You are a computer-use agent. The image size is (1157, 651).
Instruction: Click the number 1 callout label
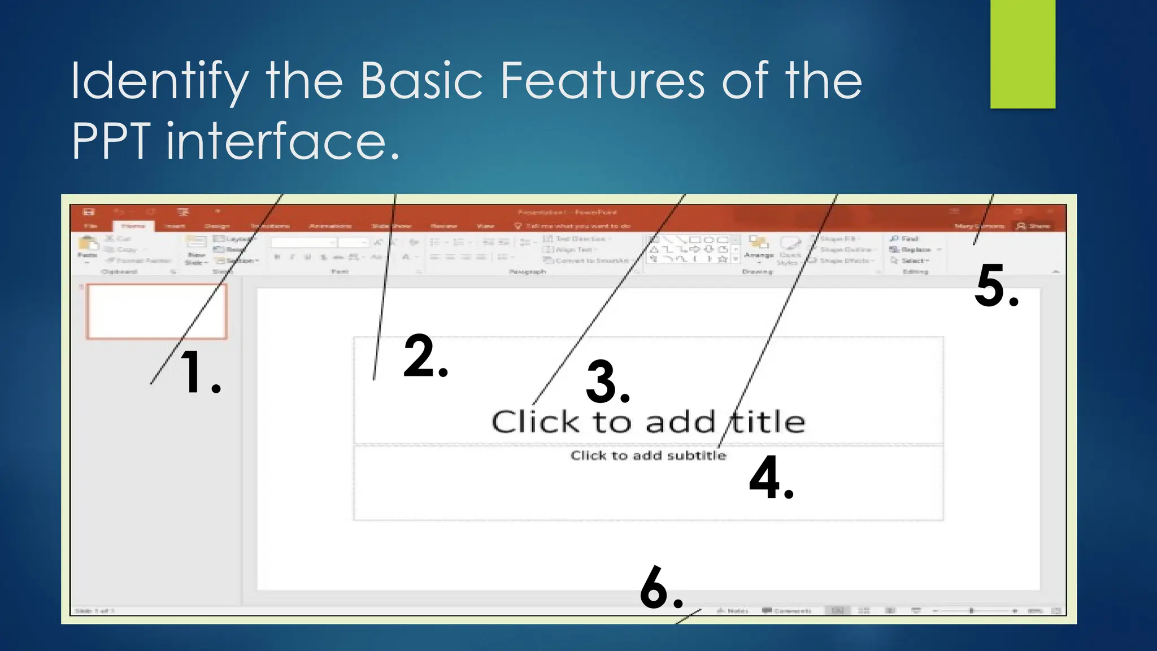pos(199,372)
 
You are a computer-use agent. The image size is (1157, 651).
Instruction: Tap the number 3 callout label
pos(607,383)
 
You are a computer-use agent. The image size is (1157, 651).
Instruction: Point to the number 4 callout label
pos(771,478)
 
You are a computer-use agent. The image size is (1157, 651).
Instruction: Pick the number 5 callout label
pos(997,287)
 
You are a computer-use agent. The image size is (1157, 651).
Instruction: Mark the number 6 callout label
pos(661,588)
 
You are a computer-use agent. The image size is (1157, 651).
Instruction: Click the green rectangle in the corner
pos(1023,54)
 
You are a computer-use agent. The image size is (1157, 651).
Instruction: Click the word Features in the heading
pos(602,81)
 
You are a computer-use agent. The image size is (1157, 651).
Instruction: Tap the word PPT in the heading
pos(111,141)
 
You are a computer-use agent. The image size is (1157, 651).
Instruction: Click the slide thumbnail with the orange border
pos(156,311)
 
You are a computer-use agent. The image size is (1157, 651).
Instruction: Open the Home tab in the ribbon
pos(133,226)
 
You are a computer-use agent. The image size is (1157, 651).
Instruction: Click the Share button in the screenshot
pos(1033,226)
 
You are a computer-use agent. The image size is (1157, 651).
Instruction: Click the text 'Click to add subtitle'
pos(648,455)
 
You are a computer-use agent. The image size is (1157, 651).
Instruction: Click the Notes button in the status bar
pos(733,611)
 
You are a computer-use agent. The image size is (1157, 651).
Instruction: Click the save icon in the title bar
pos(89,212)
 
